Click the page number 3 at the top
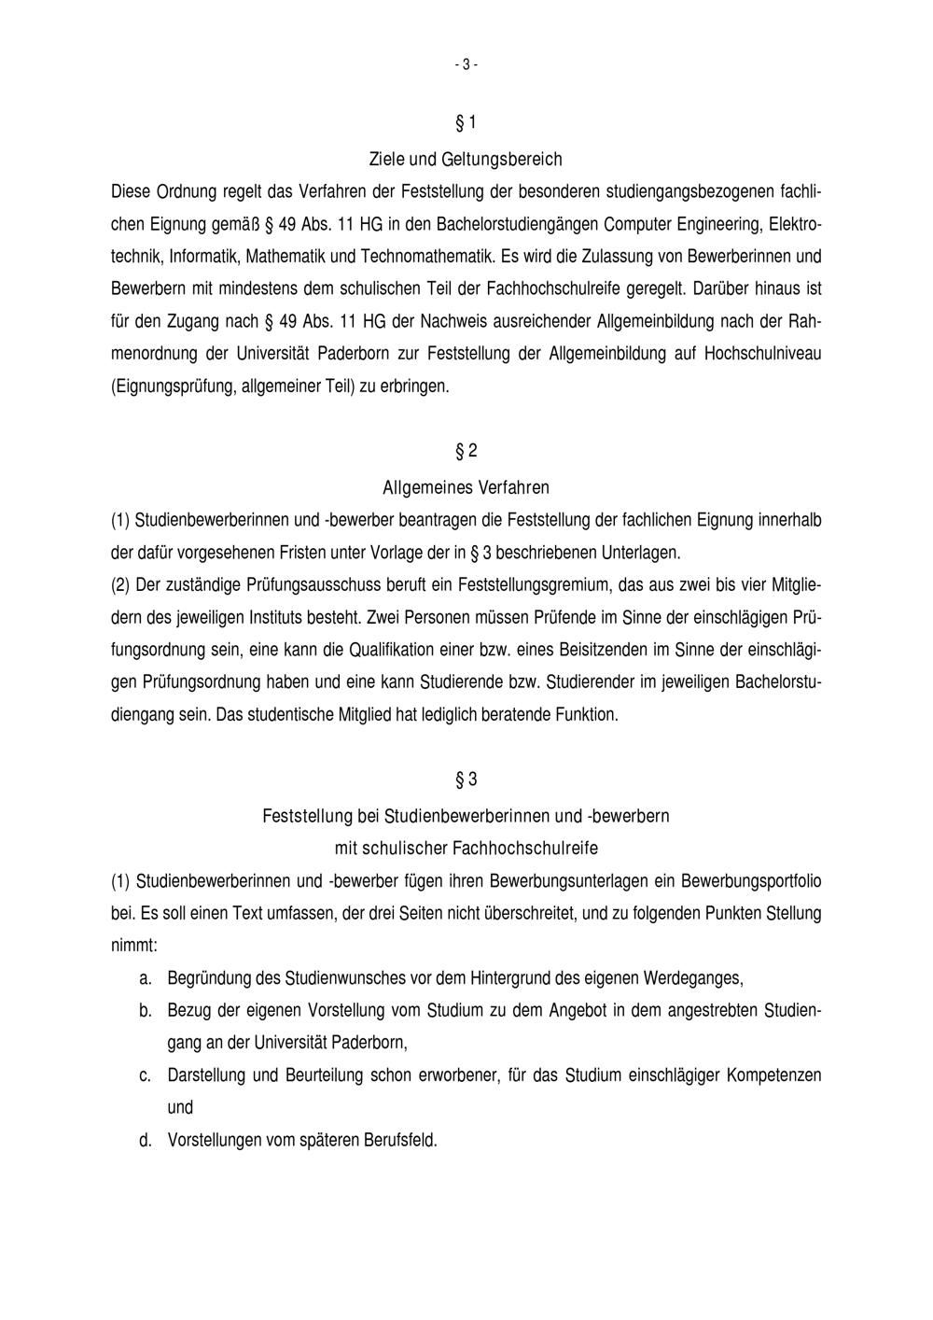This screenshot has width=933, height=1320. (x=466, y=64)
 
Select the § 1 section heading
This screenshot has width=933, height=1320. (x=466, y=123)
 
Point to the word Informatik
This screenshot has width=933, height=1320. (x=204, y=256)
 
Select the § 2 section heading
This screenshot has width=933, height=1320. (x=466, y=452)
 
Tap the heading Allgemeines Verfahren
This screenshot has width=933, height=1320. (x=466, y=487)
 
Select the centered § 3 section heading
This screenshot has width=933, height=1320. (x=466, y=779)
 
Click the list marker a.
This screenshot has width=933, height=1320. (x=145, y=978)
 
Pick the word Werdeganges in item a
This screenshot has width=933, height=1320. (x=698, y=978)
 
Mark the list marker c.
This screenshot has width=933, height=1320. (x=145, y=1075)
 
